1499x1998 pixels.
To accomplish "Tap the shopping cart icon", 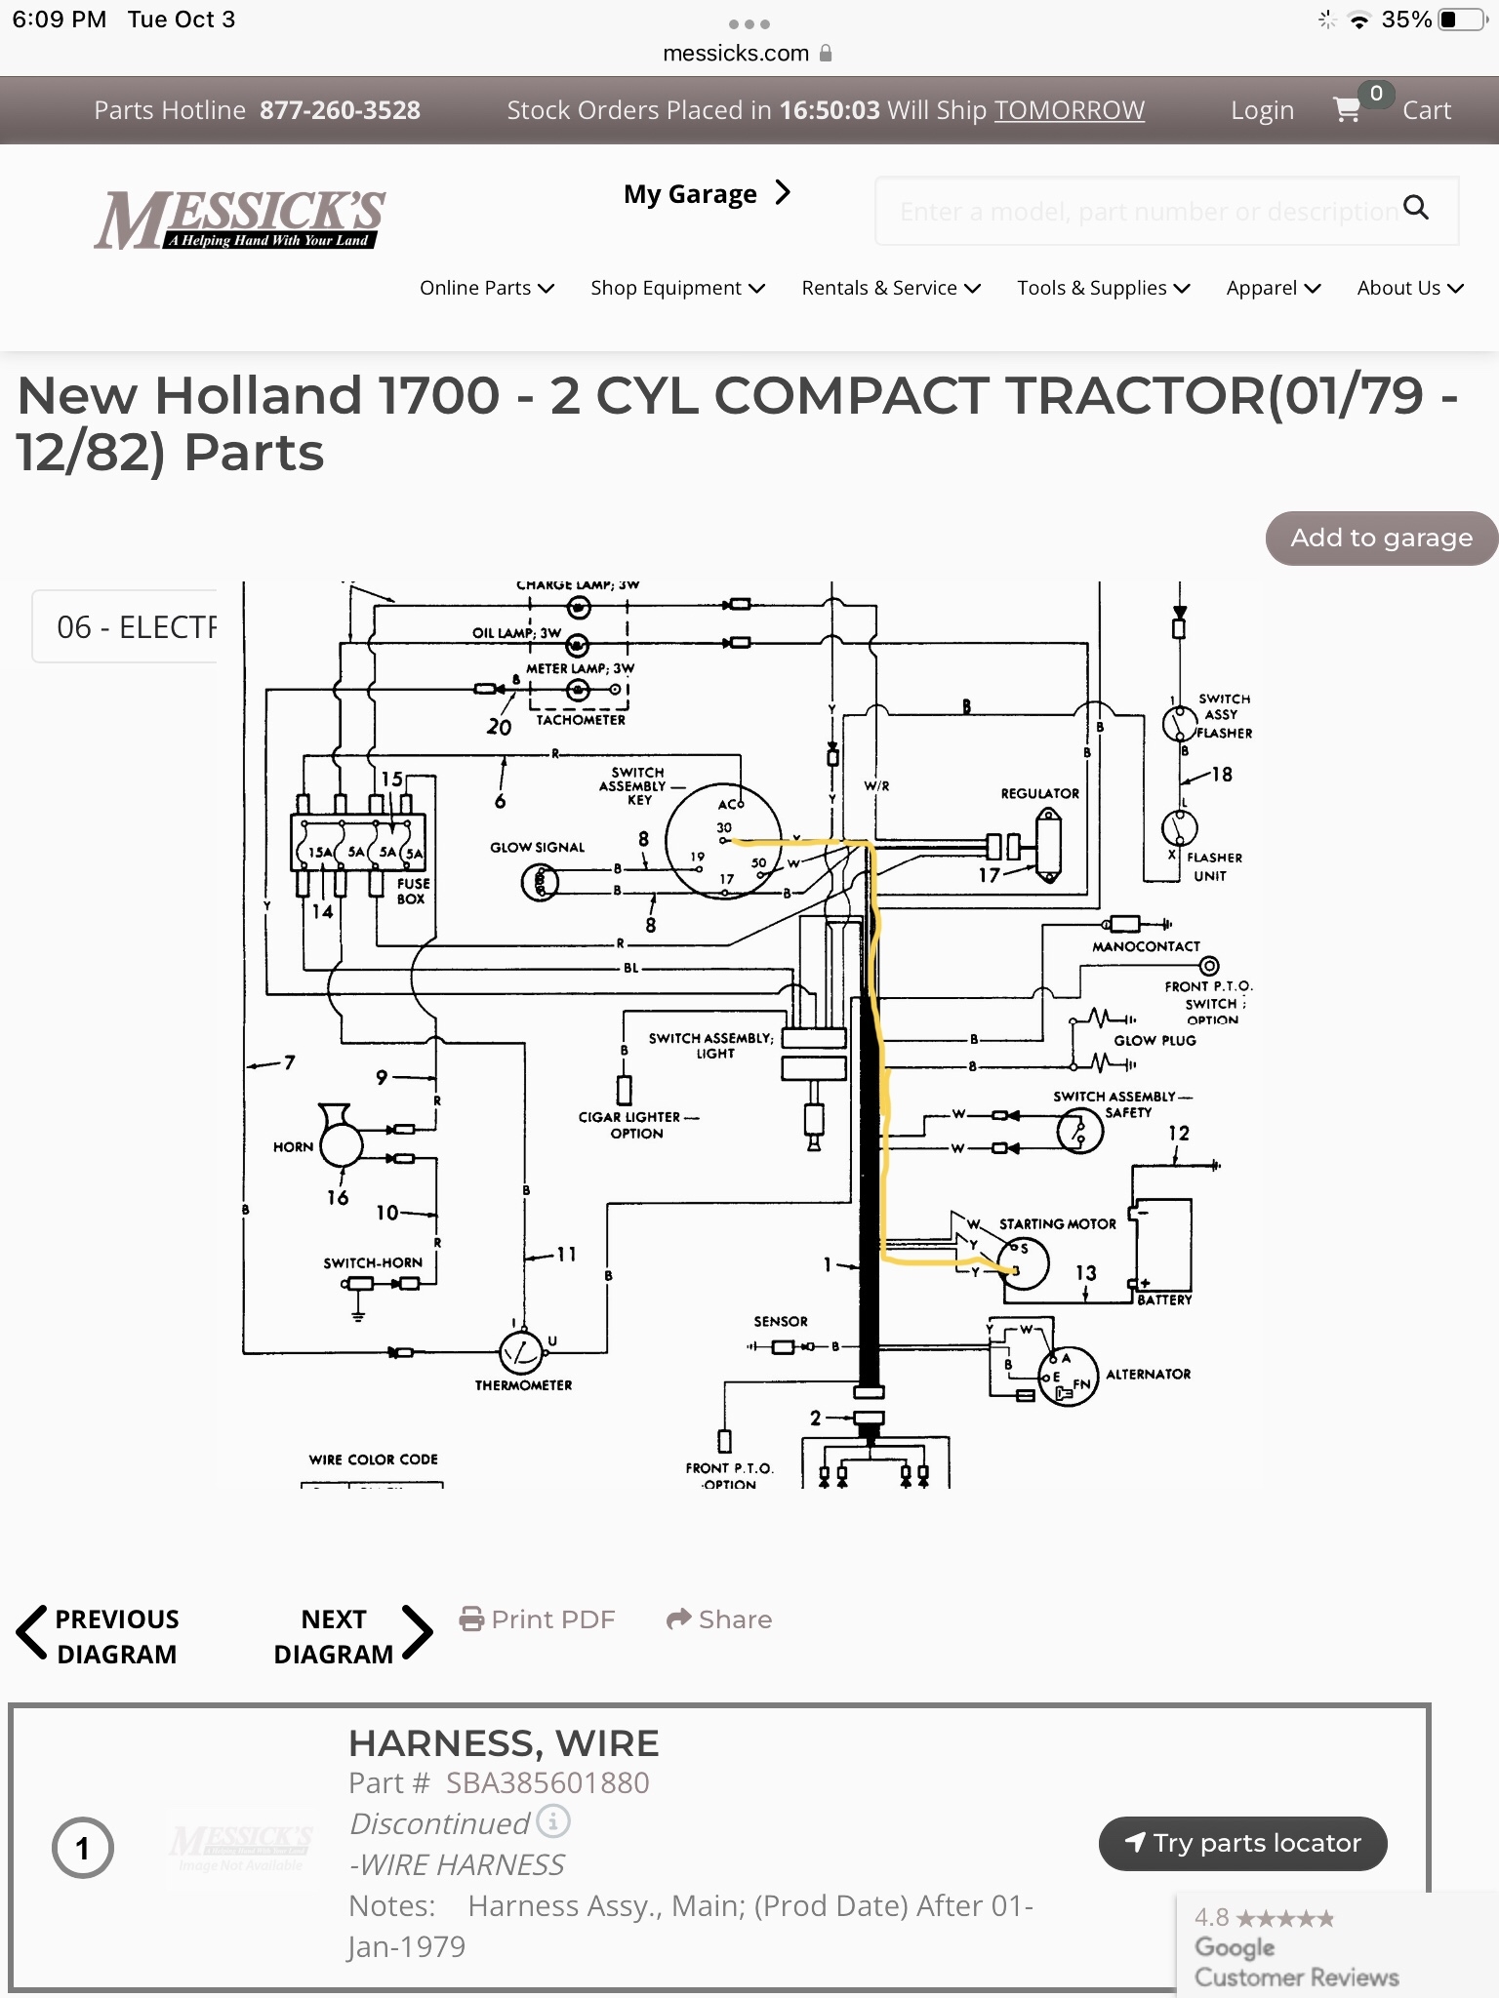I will (x=1347, y=110).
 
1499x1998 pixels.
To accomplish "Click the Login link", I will (x=1262, y=111).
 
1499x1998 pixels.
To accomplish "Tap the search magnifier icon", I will (x=1415, y=207).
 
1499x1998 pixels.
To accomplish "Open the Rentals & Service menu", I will (x=890, y=288).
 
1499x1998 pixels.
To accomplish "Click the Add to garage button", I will (x=1381, y=538).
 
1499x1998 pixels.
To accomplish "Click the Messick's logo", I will (x=240, y=219).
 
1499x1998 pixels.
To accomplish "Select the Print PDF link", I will (x=538, y=1619).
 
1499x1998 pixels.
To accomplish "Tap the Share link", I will (x=719, y=1619).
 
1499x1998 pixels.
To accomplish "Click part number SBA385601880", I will (x=547, y=1782).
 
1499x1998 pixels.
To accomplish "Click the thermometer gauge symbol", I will (x=521, y=1351).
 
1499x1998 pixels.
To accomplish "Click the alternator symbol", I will (x=1068, y=1377).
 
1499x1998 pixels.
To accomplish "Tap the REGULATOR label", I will (x=1039, y=794).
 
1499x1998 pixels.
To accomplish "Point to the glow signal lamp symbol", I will (x=540, y=883).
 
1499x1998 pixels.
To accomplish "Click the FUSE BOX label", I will (x=412, y=891).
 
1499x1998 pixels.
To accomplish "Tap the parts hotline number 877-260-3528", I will (x=340, y=110).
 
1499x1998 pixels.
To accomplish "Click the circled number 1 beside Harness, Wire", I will (x=83, y=1848).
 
